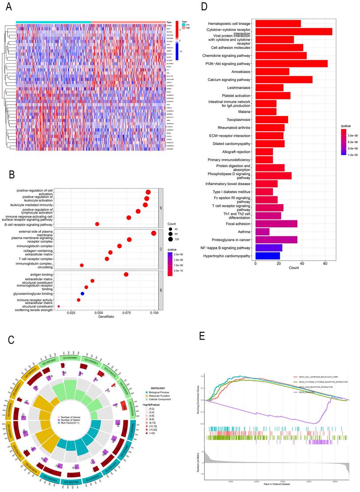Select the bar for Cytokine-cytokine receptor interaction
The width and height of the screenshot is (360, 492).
(293, 31)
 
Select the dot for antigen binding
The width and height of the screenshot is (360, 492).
(126, 275)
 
